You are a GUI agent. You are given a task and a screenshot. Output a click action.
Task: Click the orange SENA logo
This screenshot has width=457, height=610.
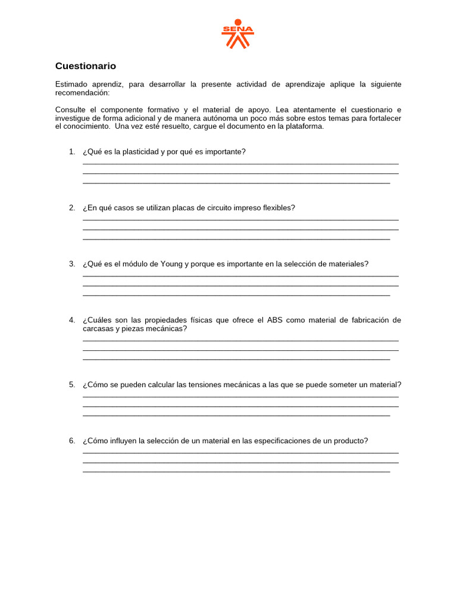pos(237,33)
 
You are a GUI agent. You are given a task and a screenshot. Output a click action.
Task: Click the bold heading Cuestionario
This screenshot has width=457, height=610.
pos(86,66)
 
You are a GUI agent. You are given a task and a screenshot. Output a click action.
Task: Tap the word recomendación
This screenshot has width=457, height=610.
pos(82,93)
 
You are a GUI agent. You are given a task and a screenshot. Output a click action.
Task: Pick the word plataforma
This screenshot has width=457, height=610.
pos(304,126)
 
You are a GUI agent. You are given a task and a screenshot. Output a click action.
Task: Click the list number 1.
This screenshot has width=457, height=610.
pos(71,152)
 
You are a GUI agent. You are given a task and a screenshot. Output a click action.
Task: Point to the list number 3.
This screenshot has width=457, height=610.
pos(71,264)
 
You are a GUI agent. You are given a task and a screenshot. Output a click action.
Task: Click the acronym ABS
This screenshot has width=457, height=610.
pos(274,320)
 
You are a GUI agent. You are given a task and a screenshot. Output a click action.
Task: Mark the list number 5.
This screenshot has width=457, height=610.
pos(71,385)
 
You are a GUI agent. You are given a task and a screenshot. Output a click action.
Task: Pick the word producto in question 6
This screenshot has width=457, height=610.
pos(352,441)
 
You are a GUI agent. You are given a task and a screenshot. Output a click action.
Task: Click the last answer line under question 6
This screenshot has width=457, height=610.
pos(236,471)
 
